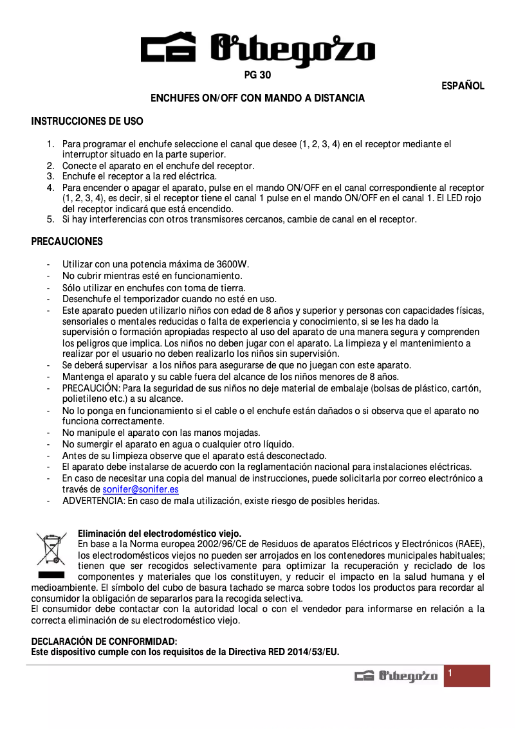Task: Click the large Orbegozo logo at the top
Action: (x=257, y=49)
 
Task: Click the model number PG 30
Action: (x=257, y=75)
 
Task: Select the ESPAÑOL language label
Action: (x=463, y=86)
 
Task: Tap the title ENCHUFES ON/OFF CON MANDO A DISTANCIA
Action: (x=257, y=98)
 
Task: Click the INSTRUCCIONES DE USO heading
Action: (x=88, y=121)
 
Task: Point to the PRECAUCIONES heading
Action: (x=67, y=242)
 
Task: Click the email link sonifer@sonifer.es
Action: (x=141, y=489)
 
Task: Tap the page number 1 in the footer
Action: (x=450, y=673)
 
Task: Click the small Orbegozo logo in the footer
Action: (x=396, y=676)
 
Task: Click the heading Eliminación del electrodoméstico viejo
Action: (x=160, y=534)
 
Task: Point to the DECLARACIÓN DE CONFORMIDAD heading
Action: (x=104, y=642)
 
